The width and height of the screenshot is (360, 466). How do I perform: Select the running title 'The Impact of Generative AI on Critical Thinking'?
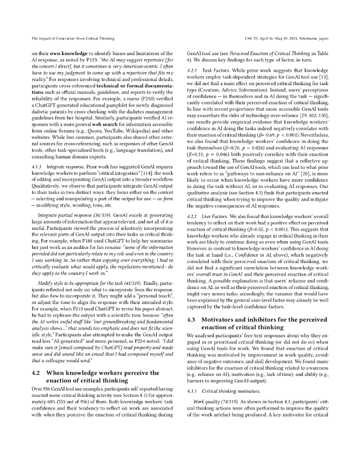point(73,38)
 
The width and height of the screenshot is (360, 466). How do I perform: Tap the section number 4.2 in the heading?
point(37,373)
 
